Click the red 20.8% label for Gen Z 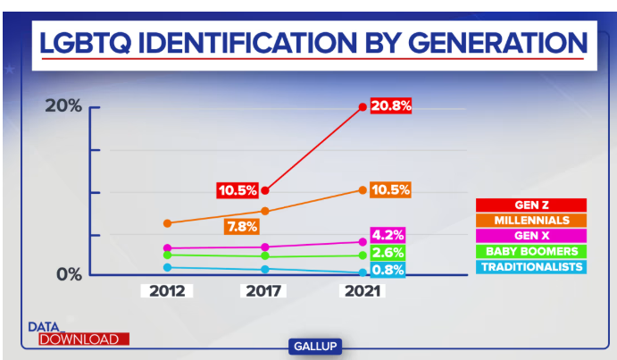[391, 105]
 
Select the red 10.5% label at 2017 [238, 190]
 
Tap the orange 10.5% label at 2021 [389, 189]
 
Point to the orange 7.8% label [242, 227]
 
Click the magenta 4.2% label [388, 236]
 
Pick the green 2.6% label [388, 254]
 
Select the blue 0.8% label [388, 270]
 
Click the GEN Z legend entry [530, 205]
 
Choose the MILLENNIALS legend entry [530, 220]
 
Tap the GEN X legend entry [530, 235]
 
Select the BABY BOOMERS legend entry [530, 251]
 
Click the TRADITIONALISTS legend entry [530, 266]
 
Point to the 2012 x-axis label [167, 291]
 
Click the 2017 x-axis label [264, 291]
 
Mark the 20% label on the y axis [64, 106]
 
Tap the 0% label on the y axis [69, 273]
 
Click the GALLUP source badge [316, 346]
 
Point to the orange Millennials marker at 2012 [167, 222]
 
